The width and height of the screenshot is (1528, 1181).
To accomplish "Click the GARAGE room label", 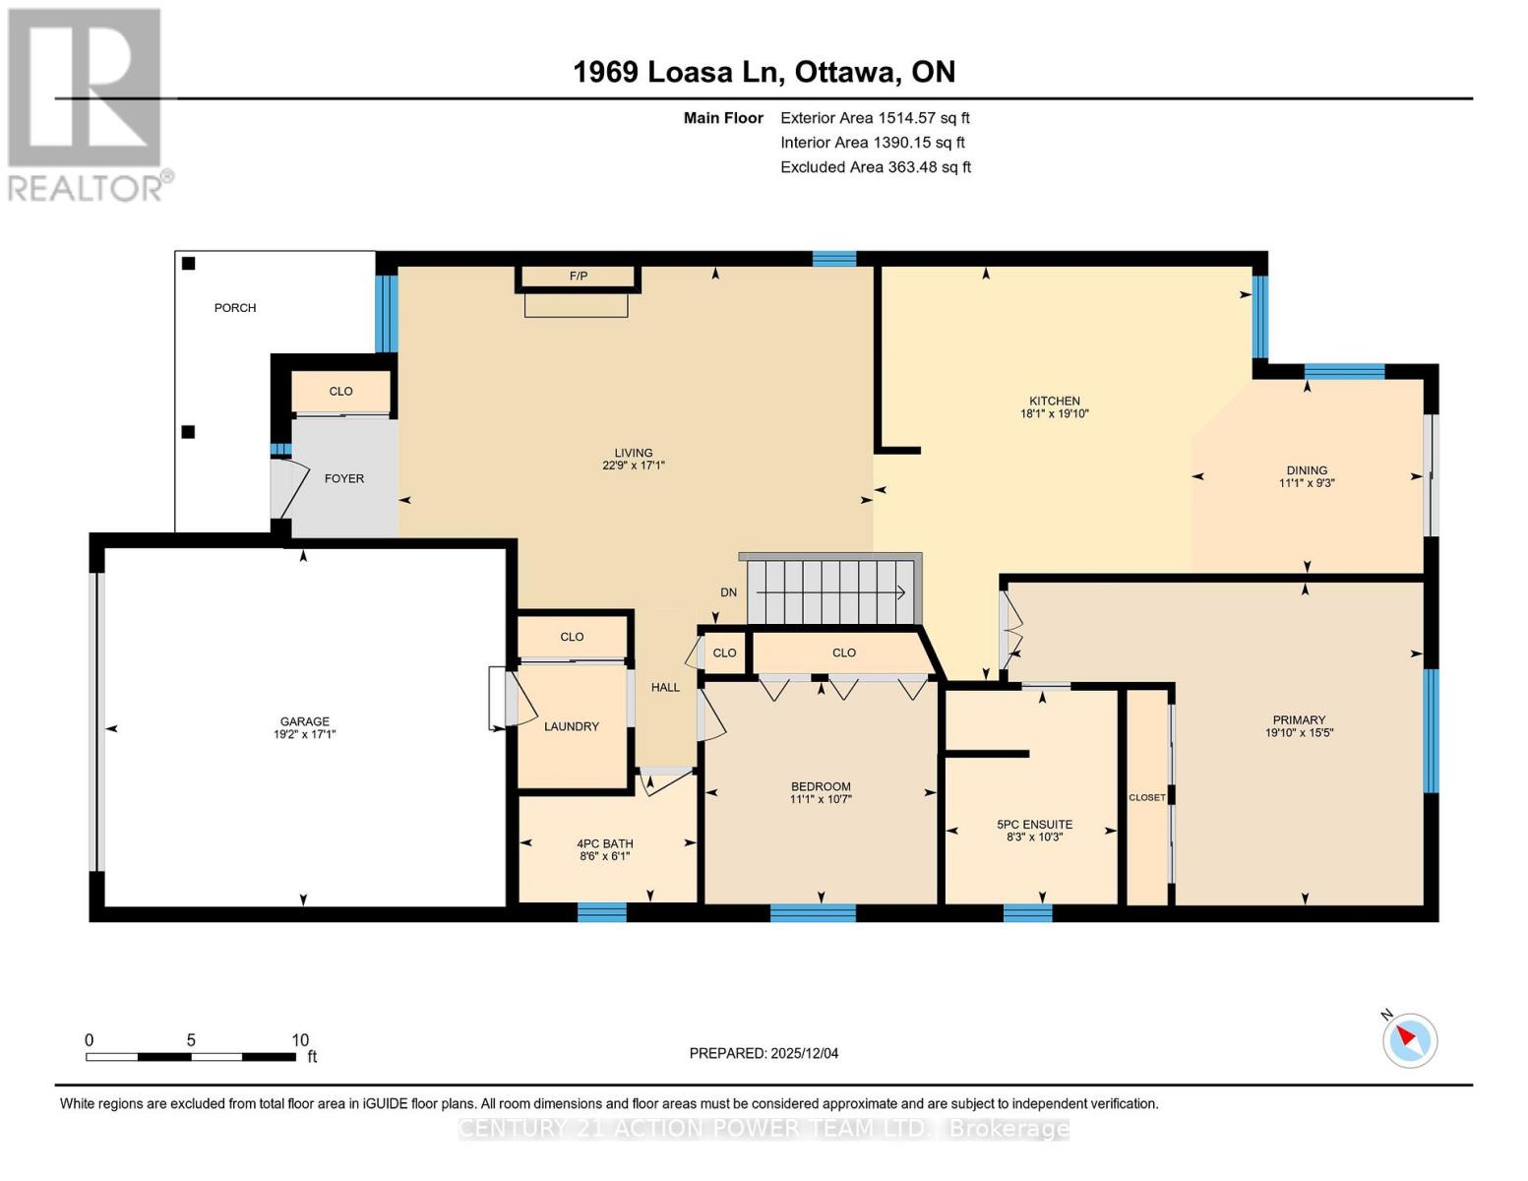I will click(x=304, y=720).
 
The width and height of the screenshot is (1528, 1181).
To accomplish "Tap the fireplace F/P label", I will click(x=579, y=277).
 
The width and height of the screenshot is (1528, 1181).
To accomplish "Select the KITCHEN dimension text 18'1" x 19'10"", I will click(x=1055, y=414).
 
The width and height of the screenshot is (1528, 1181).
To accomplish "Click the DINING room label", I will click(x=1307, y=470).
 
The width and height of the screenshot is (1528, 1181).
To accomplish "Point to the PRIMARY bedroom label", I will click(x=1299, y=719).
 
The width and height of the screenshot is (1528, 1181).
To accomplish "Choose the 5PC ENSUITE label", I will click(x=1034, y=825).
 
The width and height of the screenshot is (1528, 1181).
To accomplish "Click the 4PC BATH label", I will click(x=605, y=843).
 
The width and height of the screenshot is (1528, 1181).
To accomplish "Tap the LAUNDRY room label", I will click(x=572, y=726).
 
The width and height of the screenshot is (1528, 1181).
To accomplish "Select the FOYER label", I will click(x=344, y=478).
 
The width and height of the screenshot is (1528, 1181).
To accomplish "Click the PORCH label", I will click(x=235, y=308).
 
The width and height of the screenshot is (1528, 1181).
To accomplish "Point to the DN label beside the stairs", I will click(x=728, y=592).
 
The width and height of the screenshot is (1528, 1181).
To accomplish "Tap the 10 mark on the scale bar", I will click(x=300, y=1040).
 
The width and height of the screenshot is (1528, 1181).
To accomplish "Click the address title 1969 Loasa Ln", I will click(x=678, y=72).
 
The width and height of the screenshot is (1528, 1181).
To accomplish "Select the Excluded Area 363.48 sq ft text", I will click(x=876, y=167).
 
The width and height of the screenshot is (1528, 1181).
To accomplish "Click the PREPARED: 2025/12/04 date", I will click(x=764, y=1053).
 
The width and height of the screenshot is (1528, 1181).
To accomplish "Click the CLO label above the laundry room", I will click(x=572, y=637).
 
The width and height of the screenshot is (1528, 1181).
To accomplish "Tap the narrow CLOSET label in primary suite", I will click(x=1146, y=797).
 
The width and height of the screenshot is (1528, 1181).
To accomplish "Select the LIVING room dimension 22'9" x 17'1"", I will click(x=634, y=466).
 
